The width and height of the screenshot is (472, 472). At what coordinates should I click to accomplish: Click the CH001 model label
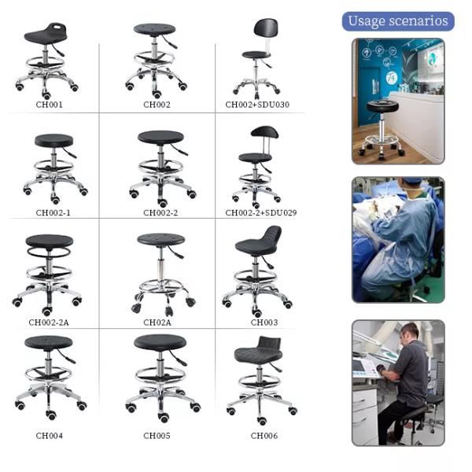(x=50, y=104)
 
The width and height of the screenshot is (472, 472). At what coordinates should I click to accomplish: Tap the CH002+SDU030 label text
(x=257, y=104)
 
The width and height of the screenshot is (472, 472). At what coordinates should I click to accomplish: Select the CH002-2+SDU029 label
(x=260, y=212)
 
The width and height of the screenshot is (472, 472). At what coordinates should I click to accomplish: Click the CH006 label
(x=264, y=435)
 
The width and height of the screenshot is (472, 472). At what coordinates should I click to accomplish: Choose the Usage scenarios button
(x=398, y=20)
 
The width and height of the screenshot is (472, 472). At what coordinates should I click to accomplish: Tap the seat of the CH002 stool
(x=154, y=29)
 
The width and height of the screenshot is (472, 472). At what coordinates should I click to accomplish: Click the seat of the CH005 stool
(x=160, y=344)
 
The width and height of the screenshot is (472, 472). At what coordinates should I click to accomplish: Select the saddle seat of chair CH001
(x=46, y=35)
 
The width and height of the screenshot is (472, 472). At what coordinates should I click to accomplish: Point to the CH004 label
(x=50, y=435)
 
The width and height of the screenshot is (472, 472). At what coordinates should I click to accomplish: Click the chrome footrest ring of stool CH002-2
(x=160, y=168)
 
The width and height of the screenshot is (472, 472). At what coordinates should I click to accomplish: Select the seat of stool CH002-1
(x=53, y=141)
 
